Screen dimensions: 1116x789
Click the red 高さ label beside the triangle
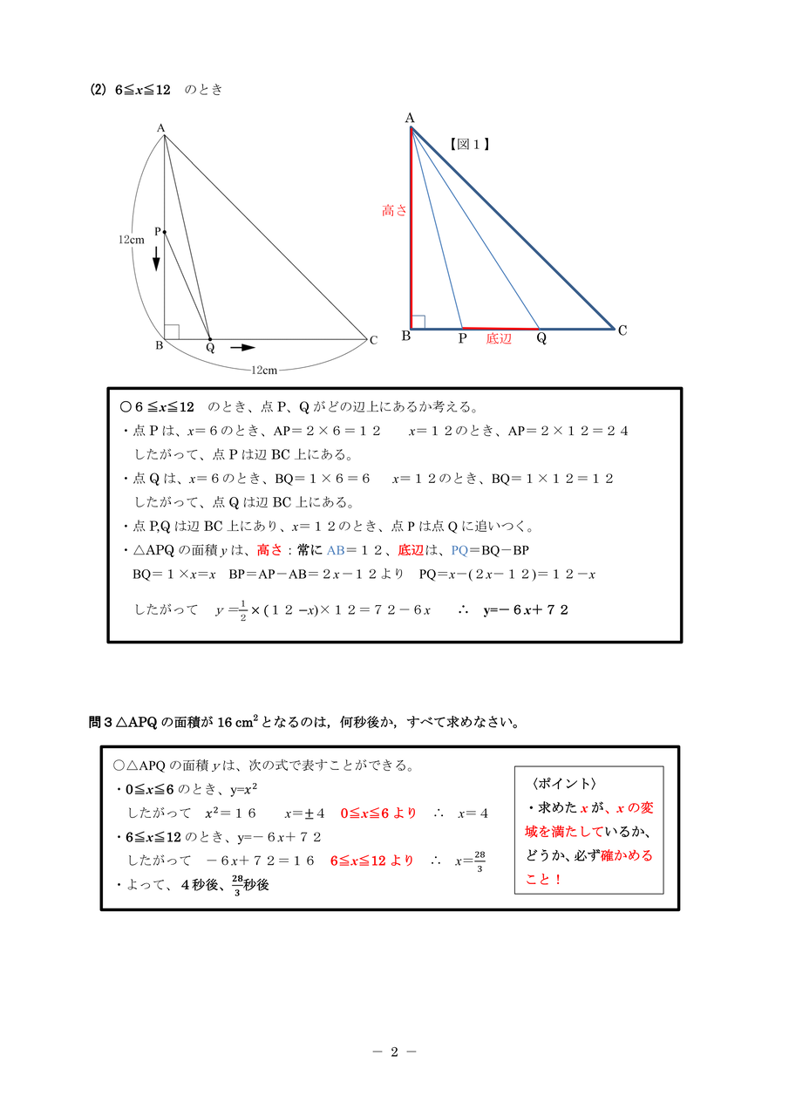point(394,210)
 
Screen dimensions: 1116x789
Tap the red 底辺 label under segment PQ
point(499,339)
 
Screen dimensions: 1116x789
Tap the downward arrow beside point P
point(157,258)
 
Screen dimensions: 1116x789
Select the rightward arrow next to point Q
point(242,347)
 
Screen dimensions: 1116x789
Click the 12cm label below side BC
point(263,371)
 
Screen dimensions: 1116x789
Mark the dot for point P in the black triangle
point(164,231)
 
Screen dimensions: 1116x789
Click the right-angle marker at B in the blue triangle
point(418,322)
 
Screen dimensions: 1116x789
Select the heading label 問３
point(101,722)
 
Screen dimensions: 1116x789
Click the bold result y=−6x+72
point(526,609)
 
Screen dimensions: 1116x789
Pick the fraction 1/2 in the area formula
point(243,610)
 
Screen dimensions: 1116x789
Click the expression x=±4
point(304,813)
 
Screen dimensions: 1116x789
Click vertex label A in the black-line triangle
point(160,128)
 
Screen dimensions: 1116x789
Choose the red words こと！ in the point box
point(544,880)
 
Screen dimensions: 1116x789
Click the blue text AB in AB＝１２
point(336,550)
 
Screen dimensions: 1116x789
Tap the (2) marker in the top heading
point(98,90)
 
